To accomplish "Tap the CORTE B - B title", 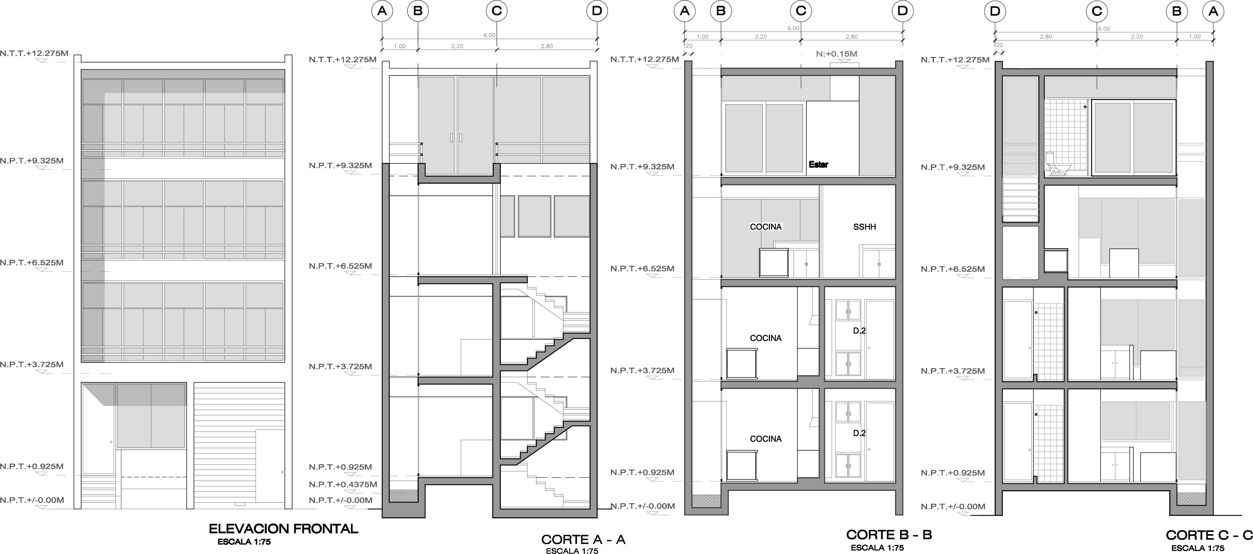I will click(889, 534).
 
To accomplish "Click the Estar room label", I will click(818, 165).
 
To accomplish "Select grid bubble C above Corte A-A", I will click(497, 11).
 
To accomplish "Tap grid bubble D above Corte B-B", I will click(902, 11).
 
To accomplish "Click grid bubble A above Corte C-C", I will click(1213, 11).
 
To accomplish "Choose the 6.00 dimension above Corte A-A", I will click(489, 35).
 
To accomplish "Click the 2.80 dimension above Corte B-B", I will click(852, 37).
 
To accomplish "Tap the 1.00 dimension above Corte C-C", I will click(1195, 37).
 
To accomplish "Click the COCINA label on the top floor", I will click(766, 227).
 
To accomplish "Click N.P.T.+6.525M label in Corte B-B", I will click(642, 269).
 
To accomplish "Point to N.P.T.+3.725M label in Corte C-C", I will click(952, 371).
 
